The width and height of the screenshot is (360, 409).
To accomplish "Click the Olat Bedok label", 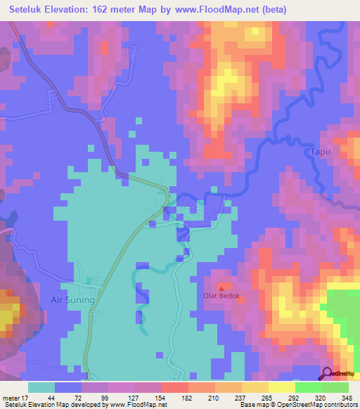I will [222, 297].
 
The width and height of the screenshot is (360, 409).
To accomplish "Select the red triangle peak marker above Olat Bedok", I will [222, 287].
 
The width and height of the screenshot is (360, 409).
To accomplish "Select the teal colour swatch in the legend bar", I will [41, 387].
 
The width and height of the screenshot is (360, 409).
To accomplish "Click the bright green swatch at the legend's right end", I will [335, 387].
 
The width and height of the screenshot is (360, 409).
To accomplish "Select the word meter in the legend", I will [9, 397].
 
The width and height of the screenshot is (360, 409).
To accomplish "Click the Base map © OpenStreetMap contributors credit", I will [297, 405].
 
